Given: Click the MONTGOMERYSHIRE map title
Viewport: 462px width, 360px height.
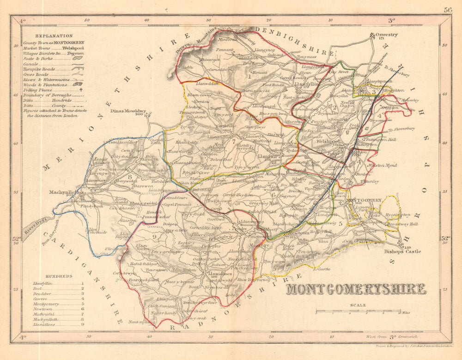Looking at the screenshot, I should [356, 290].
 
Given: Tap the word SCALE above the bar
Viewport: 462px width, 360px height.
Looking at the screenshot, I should [358, 305].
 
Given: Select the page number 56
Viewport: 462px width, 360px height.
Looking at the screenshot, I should [447, 9].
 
